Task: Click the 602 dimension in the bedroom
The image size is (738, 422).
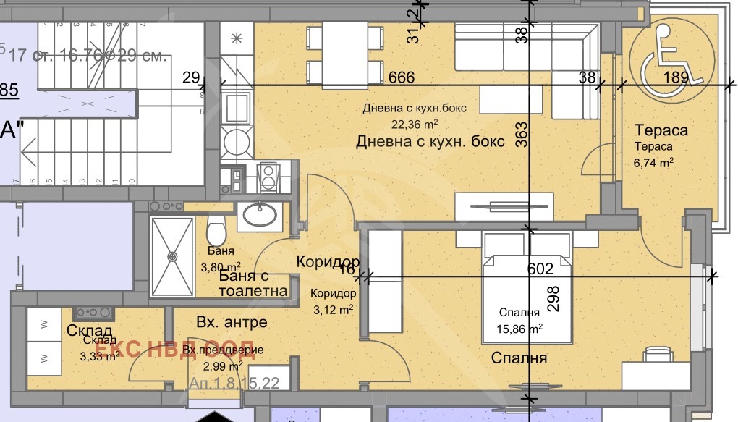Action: pyautogui.click(x=540, y=269)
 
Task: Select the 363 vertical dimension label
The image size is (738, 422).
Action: pyautogui.click(x=522, y=135)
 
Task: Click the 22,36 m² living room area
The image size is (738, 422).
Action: pyautogui.click(x=411, y=123)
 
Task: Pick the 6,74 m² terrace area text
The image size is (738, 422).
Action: pyautogui.click(x=655, y=162)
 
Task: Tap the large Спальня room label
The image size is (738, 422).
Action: pyautogui.click(x=519, y=358)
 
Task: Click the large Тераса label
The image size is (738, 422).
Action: pyautogui.click(x=661, y=130)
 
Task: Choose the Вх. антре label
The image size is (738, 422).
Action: pyautogui.click(x=232, y=322)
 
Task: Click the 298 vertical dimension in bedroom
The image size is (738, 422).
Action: pyautogui.click(x=554, y=297)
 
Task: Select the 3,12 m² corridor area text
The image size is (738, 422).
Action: pyautogui.click(x=332, y=310)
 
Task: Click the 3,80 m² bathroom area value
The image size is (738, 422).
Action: pyautogui.click(x=220, y=266)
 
